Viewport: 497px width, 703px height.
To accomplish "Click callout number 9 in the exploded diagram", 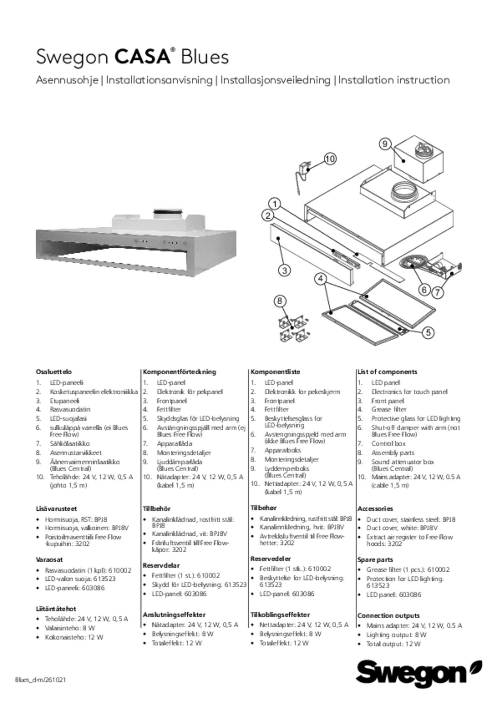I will pyautogui.click(x=385, y=144).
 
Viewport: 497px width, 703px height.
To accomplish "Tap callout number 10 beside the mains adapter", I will pyautogui.click(x=330, y=159).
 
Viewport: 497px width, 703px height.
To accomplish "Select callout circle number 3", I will pyautogui.click(x=285, y=270).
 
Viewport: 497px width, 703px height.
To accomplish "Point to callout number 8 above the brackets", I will pyautogui.click(x=280, y=301).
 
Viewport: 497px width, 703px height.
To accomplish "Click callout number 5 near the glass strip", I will pyautogui.click(x=428, y=333).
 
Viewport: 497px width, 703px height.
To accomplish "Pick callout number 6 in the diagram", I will pyautogui.click(x=424, y=290).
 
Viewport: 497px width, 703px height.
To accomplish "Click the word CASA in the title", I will pyautogui.click(x=143, y=57).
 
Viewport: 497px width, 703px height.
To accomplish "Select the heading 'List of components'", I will pyautogui.click(x=387, y=372).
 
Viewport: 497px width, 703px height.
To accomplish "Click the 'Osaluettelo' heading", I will pyautogui.click(x=54, y=372).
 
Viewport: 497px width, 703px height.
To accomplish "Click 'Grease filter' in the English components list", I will pyautogui.click(x=389, y=410).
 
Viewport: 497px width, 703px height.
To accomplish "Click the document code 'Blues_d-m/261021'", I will pyautogui.click(x=40, y=680).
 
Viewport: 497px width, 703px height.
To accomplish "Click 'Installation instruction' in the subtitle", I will pyautogui.click(x=394, y=80).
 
